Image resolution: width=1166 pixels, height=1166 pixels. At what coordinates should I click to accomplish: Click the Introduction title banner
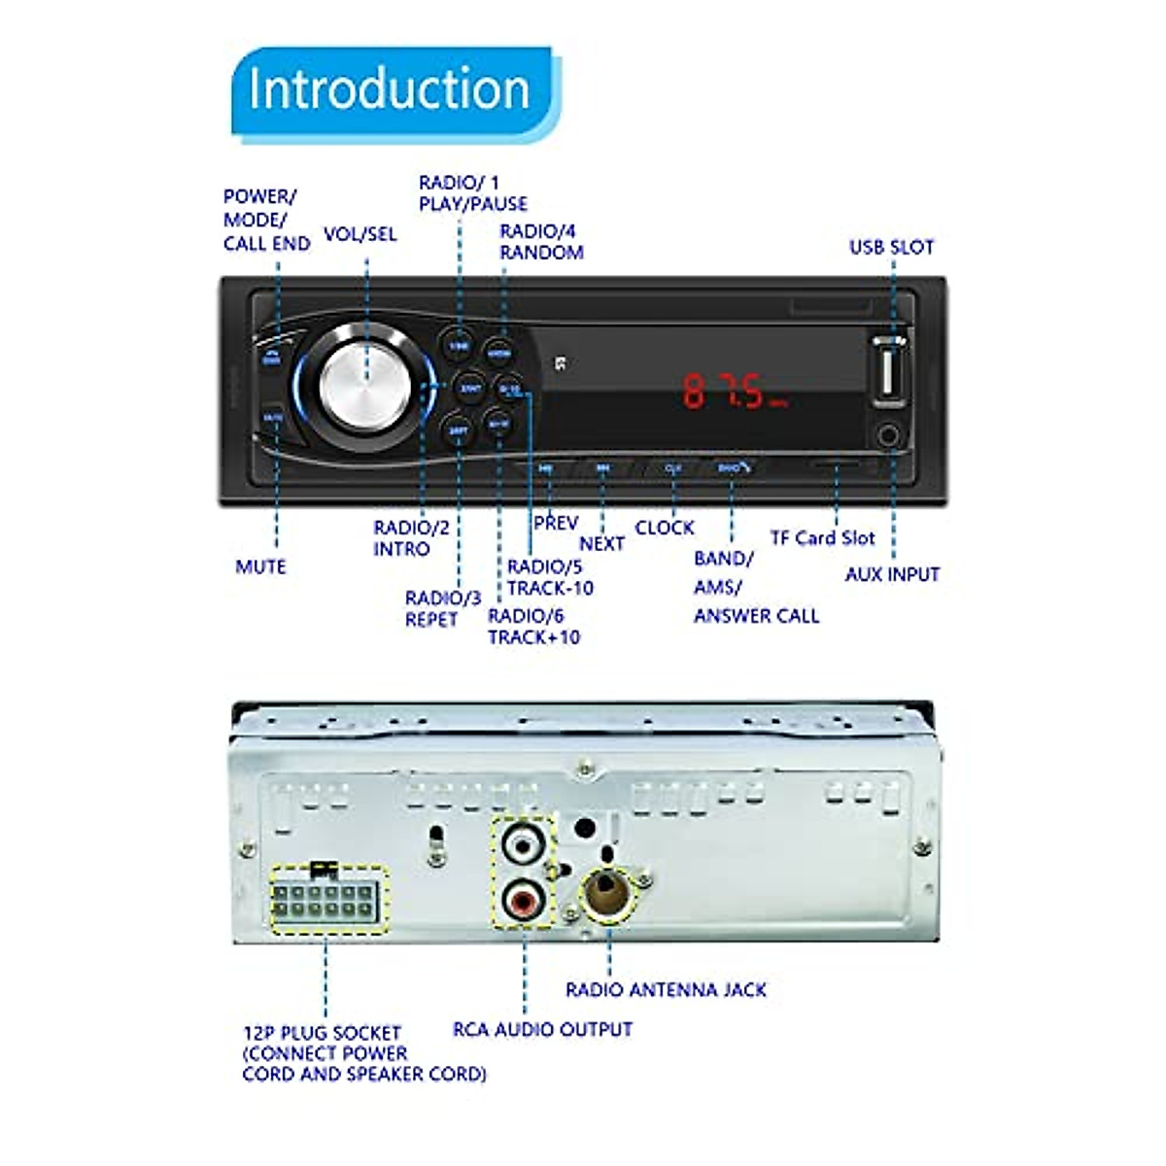pos(391,89)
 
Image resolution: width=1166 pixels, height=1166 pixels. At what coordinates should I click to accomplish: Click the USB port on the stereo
pos(889,372)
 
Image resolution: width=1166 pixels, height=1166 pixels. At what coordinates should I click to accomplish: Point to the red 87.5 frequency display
pos(734,391)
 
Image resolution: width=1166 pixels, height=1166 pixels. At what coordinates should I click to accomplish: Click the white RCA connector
pos(523,845)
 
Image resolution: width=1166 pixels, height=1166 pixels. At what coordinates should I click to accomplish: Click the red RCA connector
pos(523,900)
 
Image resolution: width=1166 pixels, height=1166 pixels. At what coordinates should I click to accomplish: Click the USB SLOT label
pos(891,248)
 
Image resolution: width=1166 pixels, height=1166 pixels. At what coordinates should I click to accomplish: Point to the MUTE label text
pos(260,566)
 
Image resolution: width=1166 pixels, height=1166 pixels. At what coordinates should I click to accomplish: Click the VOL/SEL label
pos(360,234)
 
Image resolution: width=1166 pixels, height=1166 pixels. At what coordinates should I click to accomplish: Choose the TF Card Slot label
pos(822,538)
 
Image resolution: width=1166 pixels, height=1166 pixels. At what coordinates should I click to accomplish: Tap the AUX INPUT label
pos(892,574)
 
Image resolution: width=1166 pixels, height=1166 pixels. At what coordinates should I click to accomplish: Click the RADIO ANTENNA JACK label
pos(666,990)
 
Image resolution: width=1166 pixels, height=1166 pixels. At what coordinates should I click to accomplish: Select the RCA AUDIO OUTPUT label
pos(542,1029)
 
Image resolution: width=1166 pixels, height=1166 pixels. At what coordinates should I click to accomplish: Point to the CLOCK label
pos(665,528)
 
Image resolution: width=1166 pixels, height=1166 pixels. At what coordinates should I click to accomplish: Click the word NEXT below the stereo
pos(601,544)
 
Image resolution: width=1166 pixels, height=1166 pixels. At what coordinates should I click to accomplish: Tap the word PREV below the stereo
pos(556,523)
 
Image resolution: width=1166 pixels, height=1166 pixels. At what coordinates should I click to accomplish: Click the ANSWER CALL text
pos(756,616)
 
